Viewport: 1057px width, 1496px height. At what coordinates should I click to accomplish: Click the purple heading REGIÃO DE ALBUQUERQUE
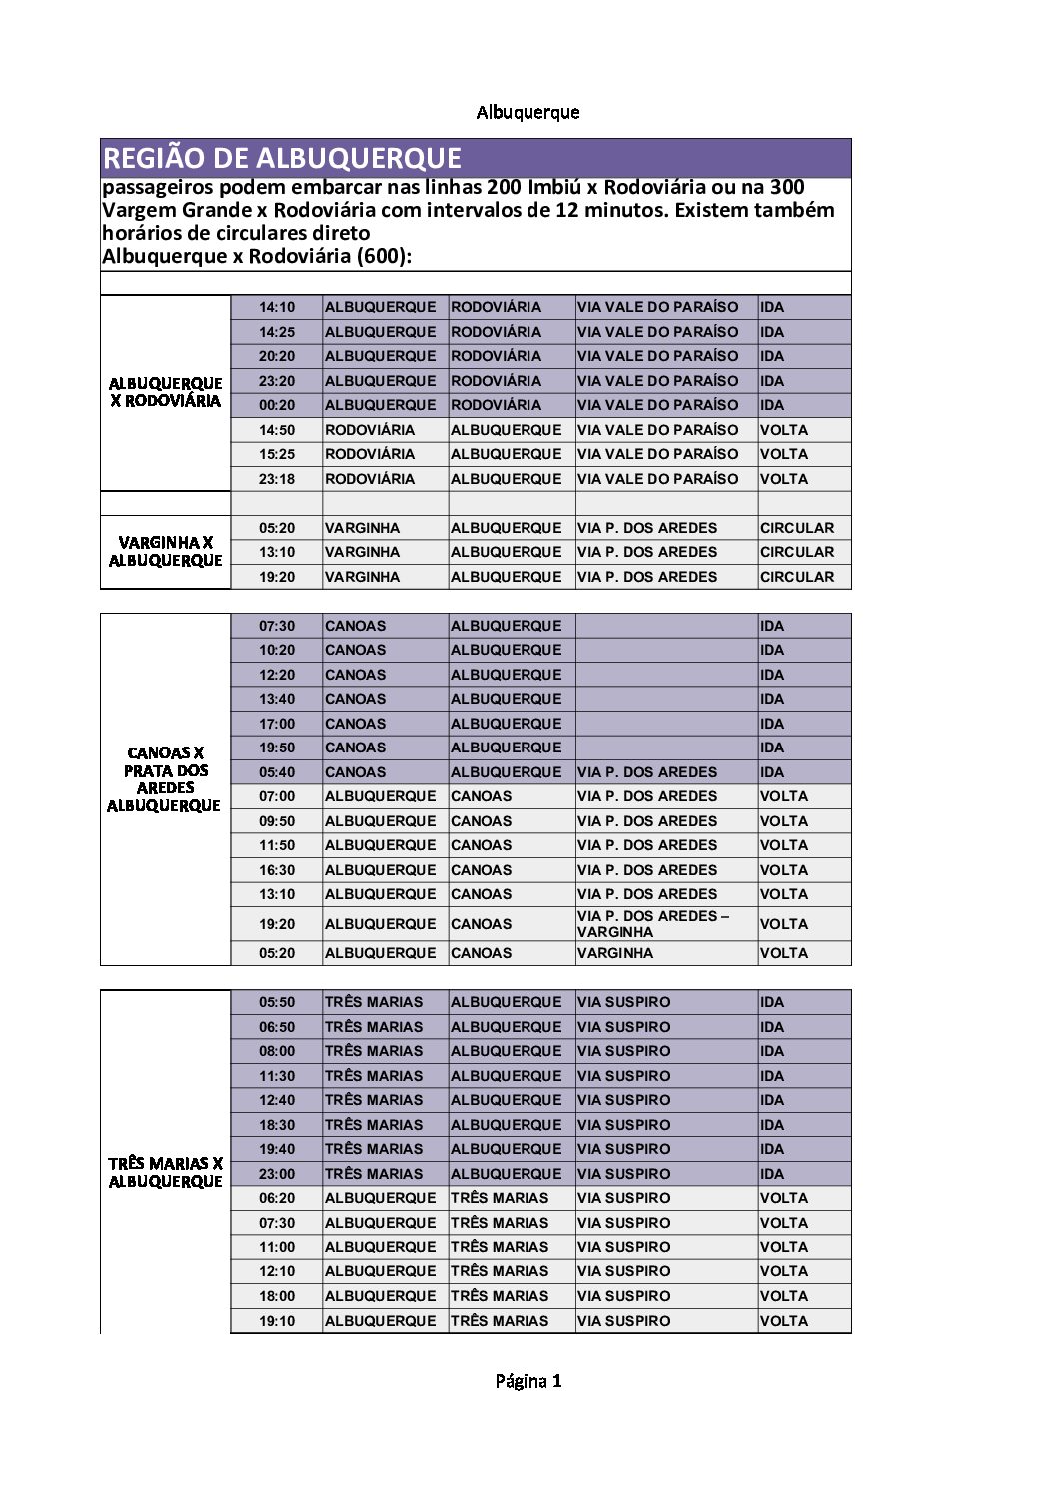coord(282,158)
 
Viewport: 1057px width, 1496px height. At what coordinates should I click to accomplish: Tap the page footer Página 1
coord(528,1381)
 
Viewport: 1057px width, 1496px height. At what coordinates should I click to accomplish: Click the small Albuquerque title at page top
coord(528,112)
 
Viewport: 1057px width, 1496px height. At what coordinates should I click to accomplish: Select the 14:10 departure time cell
coord(277,307)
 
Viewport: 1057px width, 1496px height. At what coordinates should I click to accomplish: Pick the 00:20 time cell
coord(277,405)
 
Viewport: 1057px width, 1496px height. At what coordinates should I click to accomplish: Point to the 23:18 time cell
coord(277,479)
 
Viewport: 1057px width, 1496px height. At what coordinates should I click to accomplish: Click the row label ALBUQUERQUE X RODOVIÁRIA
coord(165,392)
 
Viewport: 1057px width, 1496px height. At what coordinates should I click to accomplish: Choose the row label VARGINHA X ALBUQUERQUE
coord(165,551)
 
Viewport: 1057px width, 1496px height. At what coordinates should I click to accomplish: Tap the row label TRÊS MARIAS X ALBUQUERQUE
coord(165,1172)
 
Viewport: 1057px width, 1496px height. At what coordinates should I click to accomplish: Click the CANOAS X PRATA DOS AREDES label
coord(165,779)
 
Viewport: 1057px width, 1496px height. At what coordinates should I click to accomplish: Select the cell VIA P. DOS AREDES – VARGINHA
coord(653,924)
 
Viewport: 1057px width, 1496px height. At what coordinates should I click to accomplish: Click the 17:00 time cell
coord(277,724)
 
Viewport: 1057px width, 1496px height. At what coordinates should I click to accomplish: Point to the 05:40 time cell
coord(277,772)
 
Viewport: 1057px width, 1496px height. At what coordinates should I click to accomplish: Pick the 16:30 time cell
coord(277,870)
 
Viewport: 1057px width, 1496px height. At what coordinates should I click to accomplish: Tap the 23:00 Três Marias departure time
coord(277,1174)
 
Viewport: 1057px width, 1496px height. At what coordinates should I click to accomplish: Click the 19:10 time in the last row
coord(277,1321)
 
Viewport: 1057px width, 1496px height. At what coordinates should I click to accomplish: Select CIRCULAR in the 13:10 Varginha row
coord(796,552)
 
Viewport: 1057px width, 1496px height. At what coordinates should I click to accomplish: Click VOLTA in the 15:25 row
coord(784,454)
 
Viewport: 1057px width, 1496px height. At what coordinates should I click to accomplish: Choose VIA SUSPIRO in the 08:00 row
coord(623,1051)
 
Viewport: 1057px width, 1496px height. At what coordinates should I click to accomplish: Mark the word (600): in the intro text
coord(384,256)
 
